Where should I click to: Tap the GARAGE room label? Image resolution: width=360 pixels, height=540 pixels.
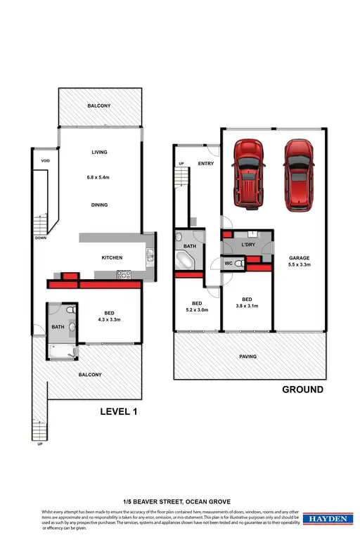tap(299, 258)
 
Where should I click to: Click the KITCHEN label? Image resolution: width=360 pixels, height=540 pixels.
tap(112, 258)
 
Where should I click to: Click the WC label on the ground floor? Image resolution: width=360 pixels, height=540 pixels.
tap(229, 264)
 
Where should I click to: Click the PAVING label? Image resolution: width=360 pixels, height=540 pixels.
tap(247, 356)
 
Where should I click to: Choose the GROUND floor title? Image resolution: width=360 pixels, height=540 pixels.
tap(302, 390)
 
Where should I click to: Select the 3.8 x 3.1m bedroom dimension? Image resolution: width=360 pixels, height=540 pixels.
tap(247, 306)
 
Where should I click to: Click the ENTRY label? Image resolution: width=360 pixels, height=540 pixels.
tap(206, 164)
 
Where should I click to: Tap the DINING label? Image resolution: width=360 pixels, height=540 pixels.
tap(98, 205)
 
